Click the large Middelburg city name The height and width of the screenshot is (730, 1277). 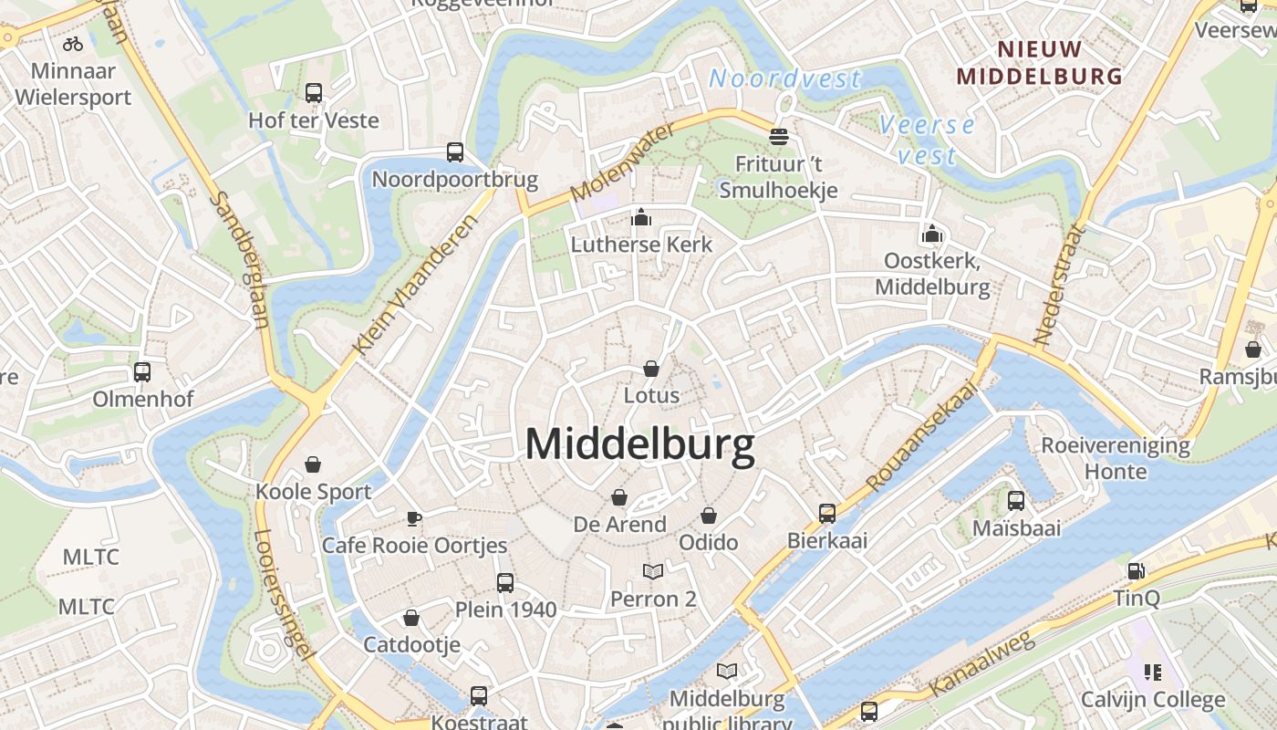(x=639, y=445)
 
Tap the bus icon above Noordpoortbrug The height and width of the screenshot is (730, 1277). (x=455, y=152)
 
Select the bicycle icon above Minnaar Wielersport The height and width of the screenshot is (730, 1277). (x=73, y=43)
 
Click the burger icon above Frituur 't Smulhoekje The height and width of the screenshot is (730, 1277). (x=778, y=137)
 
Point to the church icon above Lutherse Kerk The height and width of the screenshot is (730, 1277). (x=641, y=217)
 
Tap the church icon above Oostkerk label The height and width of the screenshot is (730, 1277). (x=931, y=235)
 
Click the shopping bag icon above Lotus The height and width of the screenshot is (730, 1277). (x=651, y=369)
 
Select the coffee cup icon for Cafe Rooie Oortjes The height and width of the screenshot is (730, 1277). (x=414, y=519)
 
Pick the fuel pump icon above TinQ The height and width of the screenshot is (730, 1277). (x=1136, y=572)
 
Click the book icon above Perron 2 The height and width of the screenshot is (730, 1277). (x=653, y=572)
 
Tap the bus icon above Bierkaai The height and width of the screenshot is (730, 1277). (x=827, y=514)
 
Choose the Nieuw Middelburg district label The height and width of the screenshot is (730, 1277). (x=1039, y=63)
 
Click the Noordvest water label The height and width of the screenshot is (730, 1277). (x=784, y=79)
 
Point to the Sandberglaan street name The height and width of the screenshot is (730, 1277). (x=242, y=260)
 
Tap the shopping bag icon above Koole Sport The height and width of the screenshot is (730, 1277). (x=313, y=464)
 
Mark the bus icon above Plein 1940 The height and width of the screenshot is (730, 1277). (x=505, y=583)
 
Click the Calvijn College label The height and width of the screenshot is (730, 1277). (x=1153, y=700)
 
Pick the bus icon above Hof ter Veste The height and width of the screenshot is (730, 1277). (x=314, y=93)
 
